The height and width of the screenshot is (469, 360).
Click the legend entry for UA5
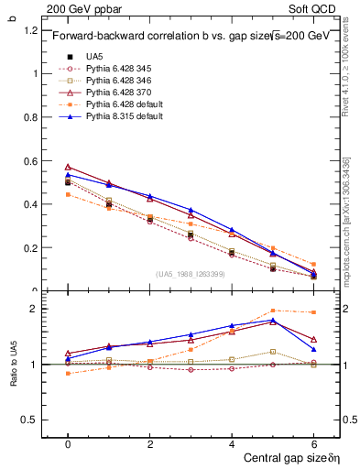click(x=94, y=57)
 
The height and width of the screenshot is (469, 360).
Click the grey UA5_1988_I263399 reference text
click(x=191, y=274)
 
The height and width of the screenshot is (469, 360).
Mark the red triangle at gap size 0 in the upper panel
click(x=68, y=167)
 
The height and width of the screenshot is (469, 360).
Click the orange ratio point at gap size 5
click(x=273, y=311)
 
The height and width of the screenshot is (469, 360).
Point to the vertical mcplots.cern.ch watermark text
click(x=346, y=220)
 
